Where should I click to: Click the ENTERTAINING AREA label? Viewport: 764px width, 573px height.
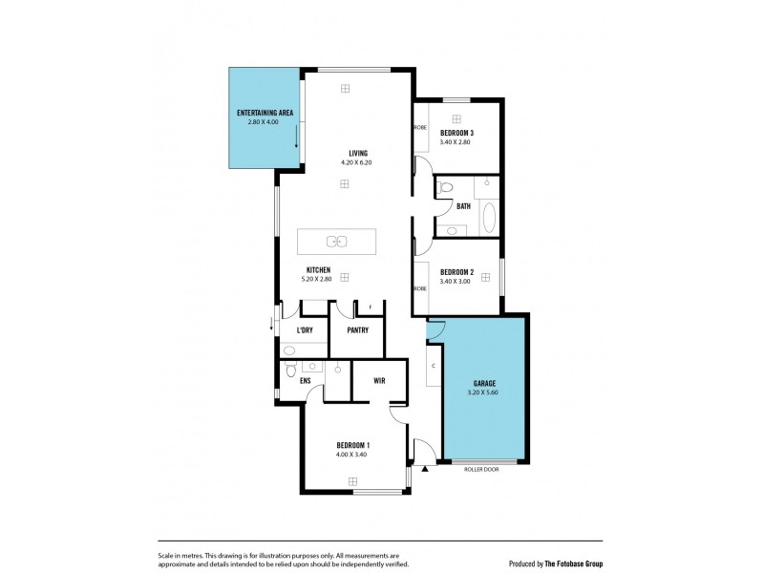pyautogui.click(x=265, y=114)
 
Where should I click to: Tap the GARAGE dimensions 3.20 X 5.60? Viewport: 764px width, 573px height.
pyautogui.click(x=484, y=392)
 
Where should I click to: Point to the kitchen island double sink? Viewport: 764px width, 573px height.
pyautogui.click(x=336, y=241)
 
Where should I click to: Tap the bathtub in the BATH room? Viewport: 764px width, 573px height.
pyautogui.click(x=490, y=218)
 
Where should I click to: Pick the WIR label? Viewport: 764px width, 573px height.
pyautogui.click(x=379, y=380)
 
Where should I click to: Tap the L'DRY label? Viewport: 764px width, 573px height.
pyautogui.click(x=305, y=330)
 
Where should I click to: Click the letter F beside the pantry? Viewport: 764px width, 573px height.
pyautogui.click(x=371, y=308)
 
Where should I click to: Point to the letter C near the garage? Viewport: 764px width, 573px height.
pyautogui.click(x=434, y=366)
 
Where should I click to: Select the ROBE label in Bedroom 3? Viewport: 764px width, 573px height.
pyautogui.click(x=419, y=127)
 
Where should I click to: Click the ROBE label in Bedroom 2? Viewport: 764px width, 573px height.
pyautogui.click(x=419, y=287)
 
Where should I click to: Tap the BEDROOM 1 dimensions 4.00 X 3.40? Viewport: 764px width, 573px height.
pyautogui.click(x=352, y=455)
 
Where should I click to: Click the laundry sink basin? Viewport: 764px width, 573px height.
pyautogui.click(x=289, y=350)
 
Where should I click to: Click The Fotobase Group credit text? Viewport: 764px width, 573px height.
pyautogui.click(x=569, y=563)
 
